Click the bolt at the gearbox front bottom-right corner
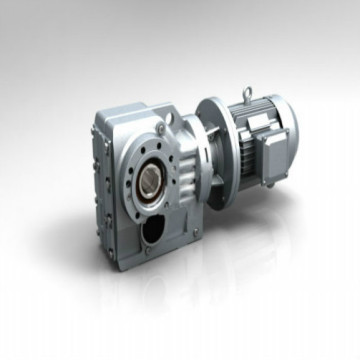(196, 232)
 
